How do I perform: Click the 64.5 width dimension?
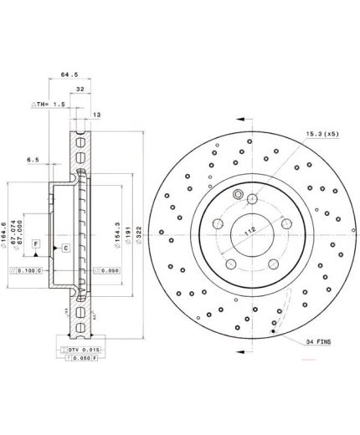(x=69, y=74)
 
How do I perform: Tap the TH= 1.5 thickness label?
(x=48, y=104)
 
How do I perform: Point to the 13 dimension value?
(x=97, y=115)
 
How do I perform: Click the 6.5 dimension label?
(x=33, y=159)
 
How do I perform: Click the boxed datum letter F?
(x=36, y=243)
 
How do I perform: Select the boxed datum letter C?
(x=64, y=249)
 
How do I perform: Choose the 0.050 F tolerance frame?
(x=82, y=358)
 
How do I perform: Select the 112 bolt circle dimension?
(x=247, y=231)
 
